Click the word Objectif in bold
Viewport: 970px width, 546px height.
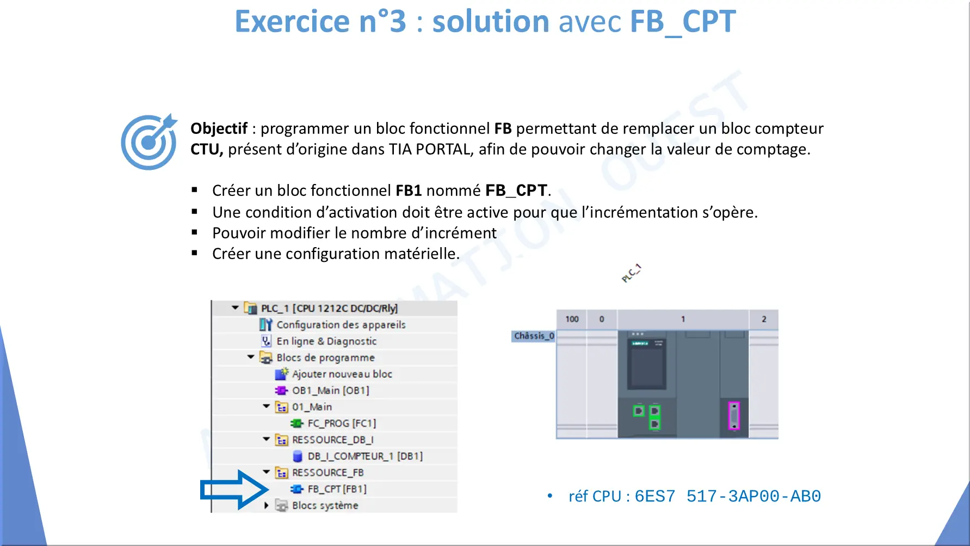click(x=219, y=129)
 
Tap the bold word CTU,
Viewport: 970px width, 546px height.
click(x=207, y=149)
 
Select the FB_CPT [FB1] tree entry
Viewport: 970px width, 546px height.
click(x=337, y=489)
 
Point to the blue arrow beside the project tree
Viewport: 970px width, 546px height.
click(x=234, y=490)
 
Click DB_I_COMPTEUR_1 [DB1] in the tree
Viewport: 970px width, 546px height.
click(x=365, y=456)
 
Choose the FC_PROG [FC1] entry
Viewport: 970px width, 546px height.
click(x=342, y=423)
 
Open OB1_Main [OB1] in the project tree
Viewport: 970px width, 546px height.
click(x=331, y=390)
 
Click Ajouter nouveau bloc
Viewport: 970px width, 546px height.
click(x=342, y=374)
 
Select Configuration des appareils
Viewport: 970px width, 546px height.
click(x=341, y=324)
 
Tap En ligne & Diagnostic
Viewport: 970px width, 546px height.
click(x=326, y=341)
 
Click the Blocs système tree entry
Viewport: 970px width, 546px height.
click(x=325, y=505)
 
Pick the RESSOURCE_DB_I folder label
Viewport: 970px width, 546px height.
click(x=333, y=440)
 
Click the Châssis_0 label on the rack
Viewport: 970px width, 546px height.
click(x=534, y=336)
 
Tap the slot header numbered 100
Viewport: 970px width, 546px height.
click(x=572, y=319)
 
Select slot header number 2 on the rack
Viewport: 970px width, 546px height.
click(x=764, y=319)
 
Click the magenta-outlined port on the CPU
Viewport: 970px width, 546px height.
click(x=734, y=416)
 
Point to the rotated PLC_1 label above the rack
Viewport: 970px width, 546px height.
click(x=631, y=273)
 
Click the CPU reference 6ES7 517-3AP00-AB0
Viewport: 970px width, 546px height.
click(x=727, y=496)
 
